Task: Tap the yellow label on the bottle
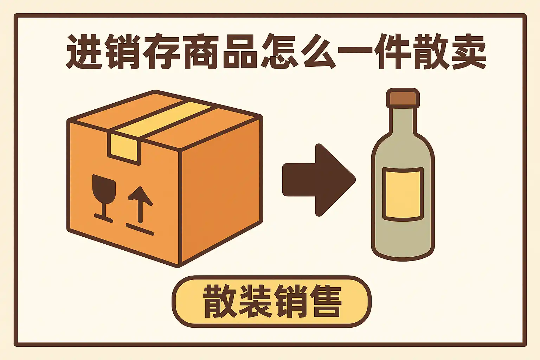(x=403, y=194)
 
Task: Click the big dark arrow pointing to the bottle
(x=319, y=180)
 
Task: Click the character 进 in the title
(x=84, y=51)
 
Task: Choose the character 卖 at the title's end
(x=469, y=51)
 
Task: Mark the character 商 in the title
(x=201, y=51)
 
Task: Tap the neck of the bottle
(x=403, y=121)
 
